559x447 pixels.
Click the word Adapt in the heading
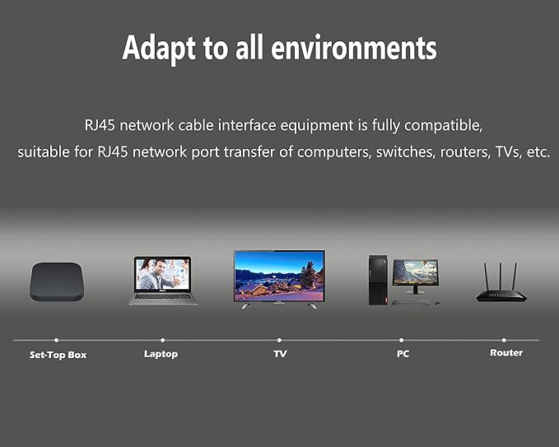[x=159, y=49]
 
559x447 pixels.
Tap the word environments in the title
[x=354, y=48]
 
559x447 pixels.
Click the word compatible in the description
[x=443, y=126]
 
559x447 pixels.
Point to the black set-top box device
[x=57, y=282]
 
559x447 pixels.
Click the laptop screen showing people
[x=162, y=274]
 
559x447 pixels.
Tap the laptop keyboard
[x=163, y=296]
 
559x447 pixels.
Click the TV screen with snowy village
[x=279, y=276]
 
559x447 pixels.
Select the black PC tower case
[x=378, y=280]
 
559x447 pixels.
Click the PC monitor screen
[x=416, y=272]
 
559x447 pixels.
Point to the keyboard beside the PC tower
[x=411, y=302]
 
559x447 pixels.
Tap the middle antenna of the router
[x=501, y=277]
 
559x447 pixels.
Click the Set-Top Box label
[x=58, y=355]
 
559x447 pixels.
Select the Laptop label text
[x=161, y=354]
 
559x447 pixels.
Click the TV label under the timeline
[x=280, y=354]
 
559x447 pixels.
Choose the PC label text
[x=403, y=354]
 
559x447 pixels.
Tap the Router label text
[x=506, y=352]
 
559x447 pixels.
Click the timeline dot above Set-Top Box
[x=56, y=341]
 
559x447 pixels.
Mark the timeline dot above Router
[x=504, y=341]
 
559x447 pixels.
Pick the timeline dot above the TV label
[x=279, y=341]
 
